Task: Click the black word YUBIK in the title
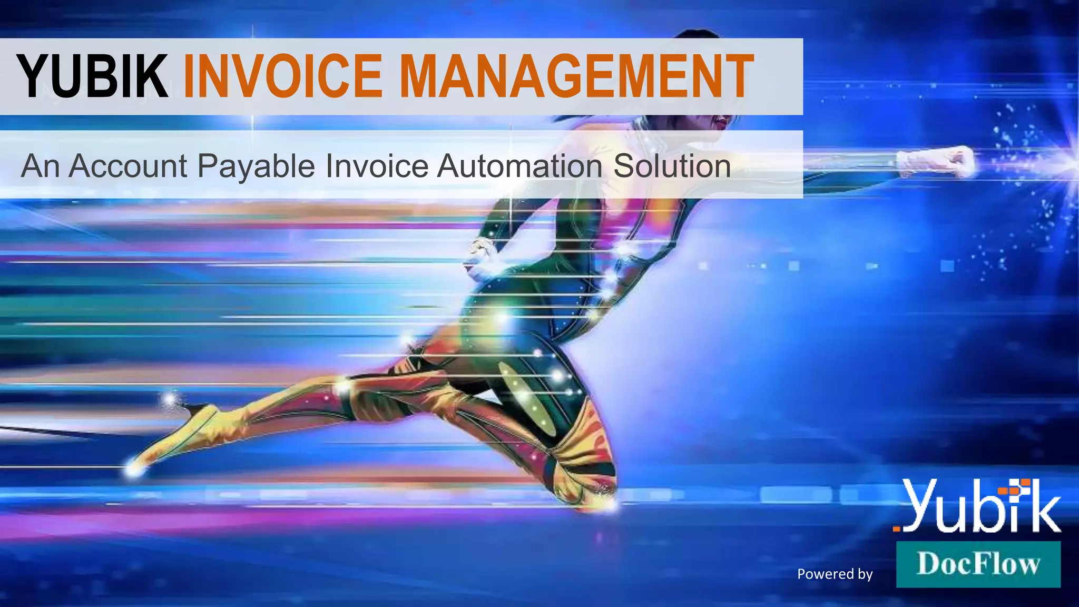tap(93, 77)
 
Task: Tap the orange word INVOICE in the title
tap(282, 77)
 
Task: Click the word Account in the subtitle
tap(128, 166)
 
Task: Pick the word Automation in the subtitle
tap(519, 166)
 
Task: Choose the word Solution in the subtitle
tap(672, 166)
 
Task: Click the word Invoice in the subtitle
tap(377, 166)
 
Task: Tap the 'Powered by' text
tap(835, 574)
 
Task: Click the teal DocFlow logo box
tap(978, 564)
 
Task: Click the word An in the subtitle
tap(40, 166)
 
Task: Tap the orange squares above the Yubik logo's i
tap(1015, 487)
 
